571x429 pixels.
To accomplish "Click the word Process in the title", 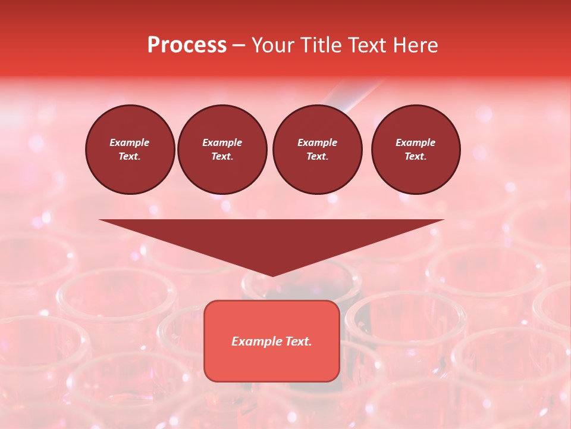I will pos(187,45).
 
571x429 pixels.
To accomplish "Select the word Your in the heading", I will pos(273,45).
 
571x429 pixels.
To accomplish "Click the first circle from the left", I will pos(130,150).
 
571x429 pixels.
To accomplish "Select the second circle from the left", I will pos(222,150).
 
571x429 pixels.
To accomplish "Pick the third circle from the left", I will pos(317,150).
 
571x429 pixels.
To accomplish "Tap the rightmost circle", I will pos(416,150).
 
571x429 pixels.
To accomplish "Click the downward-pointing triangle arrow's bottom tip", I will pos(272,275).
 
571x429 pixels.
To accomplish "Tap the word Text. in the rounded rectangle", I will pos(299,341).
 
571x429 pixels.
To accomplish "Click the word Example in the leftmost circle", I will pos(130,142).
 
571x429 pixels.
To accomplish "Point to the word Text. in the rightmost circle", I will pos(416,157).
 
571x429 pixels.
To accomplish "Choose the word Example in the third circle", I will pos(317,142).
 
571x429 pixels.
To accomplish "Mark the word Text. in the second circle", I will pos(222,157).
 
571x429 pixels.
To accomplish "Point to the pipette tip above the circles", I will pos(345,107).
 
